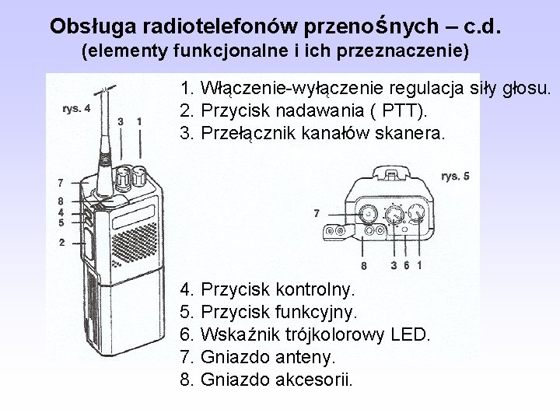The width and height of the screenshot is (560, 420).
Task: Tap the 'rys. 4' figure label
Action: click(76, 108)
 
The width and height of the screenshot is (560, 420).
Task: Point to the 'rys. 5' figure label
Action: click(455, 176)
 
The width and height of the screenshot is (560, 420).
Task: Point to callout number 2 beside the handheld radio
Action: click(61, 243)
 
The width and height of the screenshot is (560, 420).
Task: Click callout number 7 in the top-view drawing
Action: click(315, 212)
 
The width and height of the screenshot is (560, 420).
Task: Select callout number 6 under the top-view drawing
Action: click(407, 266)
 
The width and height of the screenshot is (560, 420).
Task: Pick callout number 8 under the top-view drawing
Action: click(364, 268)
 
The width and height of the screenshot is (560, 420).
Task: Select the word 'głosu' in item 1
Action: click(528, 88)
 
